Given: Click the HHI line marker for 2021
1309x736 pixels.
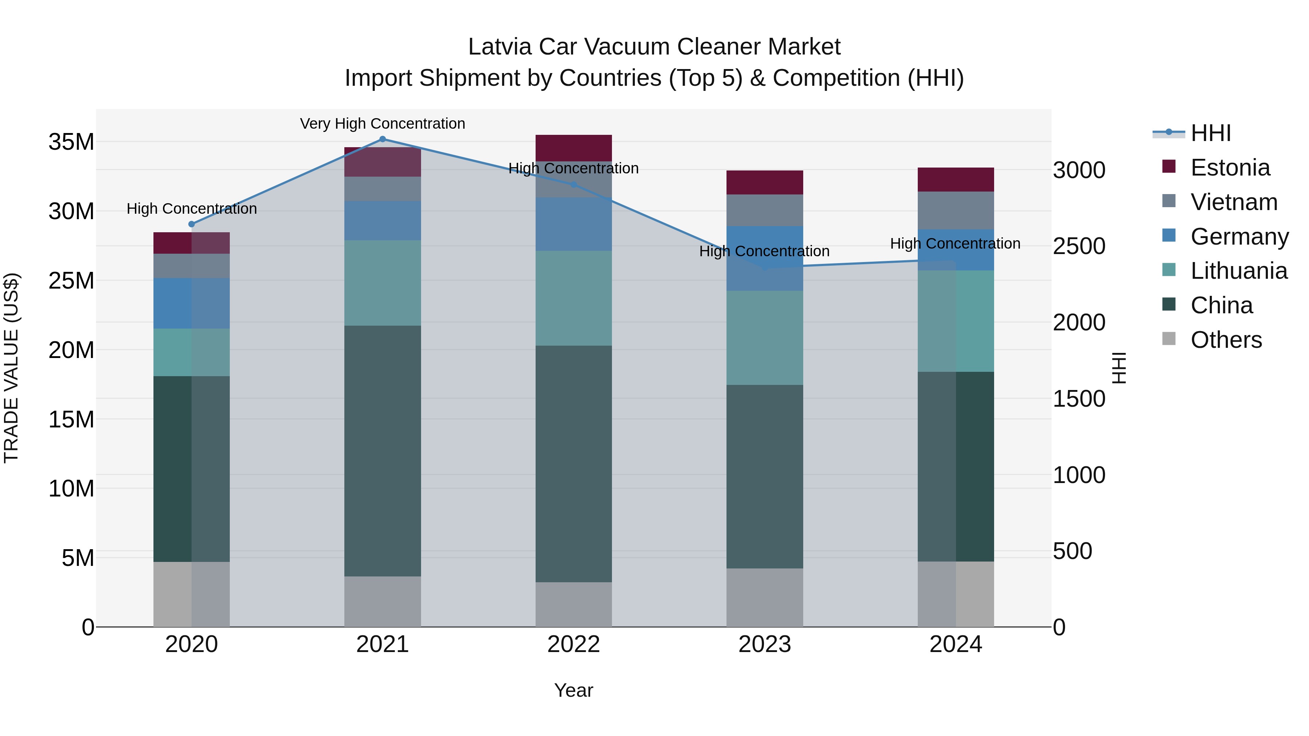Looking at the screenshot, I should tap(383, 139).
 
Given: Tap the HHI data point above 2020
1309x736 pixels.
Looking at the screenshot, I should tap(192, 224).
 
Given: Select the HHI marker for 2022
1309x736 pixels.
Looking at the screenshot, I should tap(574, 184).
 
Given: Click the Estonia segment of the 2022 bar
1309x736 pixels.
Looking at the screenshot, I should tap(574, 148).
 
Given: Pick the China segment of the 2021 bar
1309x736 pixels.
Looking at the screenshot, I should tap(383, 451).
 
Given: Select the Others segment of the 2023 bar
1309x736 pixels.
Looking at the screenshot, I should tap(765, 597).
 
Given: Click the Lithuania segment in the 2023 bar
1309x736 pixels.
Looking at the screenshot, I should tap(765, 337).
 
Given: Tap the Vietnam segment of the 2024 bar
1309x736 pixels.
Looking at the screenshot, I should tap(956, 210).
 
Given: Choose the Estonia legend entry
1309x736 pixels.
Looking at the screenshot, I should tap(1230, 168).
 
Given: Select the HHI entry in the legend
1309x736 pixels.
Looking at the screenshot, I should tap(1210, 133).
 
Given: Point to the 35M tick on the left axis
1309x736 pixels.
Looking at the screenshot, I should tap(71, 142).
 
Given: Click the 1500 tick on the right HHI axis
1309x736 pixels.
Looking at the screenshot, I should tap(1078, 399).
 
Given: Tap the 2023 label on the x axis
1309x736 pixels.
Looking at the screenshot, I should tap(765, 644).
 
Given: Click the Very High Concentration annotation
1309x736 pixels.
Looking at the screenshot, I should tap(383, 124).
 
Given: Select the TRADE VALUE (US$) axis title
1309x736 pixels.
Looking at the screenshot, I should tap(11, 368).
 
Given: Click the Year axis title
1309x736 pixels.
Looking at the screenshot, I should tap(574, 690).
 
